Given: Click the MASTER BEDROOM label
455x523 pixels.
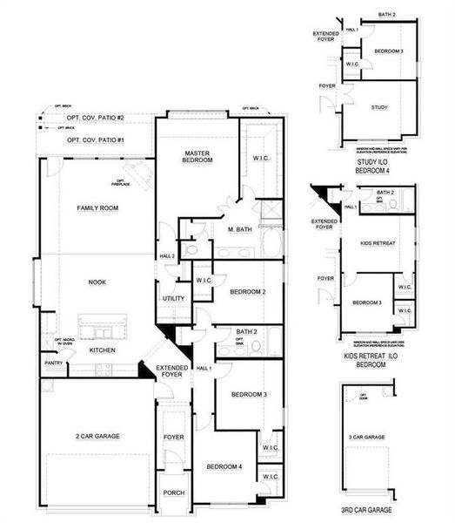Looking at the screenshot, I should (197, 157).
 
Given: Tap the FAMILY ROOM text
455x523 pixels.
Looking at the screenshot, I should (97, 207).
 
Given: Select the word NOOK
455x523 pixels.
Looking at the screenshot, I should (97, 282).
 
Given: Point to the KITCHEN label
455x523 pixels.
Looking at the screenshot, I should (103, 350).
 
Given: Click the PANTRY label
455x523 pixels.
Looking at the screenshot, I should (53, 363).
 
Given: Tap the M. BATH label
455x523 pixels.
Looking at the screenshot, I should (240, 230).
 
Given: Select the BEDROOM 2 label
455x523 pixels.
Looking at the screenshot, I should (248, 292).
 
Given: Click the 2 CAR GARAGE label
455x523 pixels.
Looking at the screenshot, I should (97, 435).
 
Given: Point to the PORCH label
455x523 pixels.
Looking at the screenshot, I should (174, 492).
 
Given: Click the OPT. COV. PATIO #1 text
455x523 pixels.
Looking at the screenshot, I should (96, 140).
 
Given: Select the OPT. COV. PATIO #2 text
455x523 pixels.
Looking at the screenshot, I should (96, 118).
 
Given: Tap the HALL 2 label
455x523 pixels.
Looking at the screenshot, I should (167, 255).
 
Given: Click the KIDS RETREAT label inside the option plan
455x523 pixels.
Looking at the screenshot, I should (378, 246).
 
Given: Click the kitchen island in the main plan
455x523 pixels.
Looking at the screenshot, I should (104, 328).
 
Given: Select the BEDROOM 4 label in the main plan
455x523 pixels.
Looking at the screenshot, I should (224, 467).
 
